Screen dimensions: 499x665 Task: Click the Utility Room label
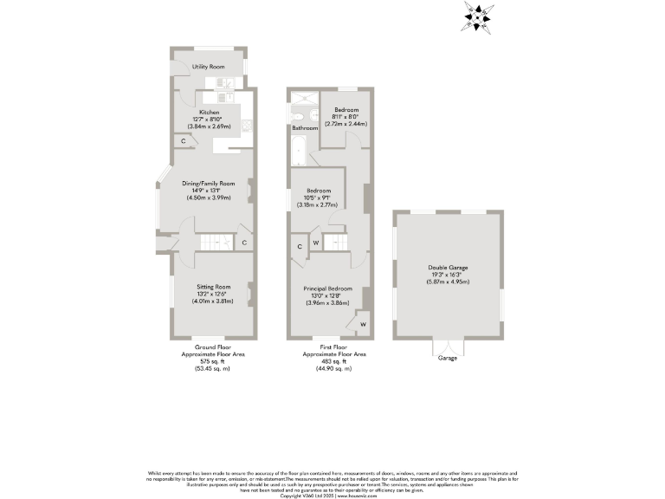tap(209, 67)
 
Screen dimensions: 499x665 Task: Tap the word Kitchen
tap(209, 113)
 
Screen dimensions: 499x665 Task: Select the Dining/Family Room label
tap(210, 184)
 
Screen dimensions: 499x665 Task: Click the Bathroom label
tap(304, 128)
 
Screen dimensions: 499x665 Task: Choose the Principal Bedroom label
tap(327, 288)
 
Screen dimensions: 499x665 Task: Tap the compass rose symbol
tap(478, 16)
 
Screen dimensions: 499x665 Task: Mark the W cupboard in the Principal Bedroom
tap(361, 326)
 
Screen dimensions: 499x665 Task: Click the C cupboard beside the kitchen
tap(184, 141)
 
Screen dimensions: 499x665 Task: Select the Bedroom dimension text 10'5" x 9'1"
tap(316, 198)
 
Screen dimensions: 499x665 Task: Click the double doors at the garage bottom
tap(447, 347)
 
